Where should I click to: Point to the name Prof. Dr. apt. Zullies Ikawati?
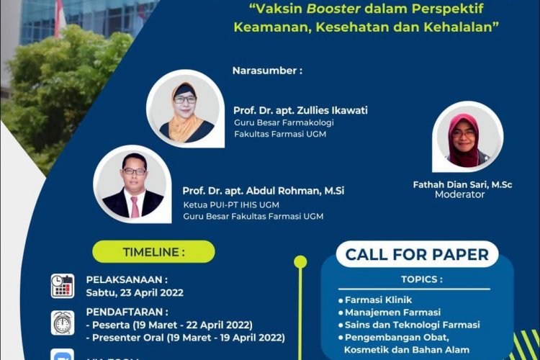click(300, 110)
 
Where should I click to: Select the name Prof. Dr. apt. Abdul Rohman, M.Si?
click(264, 191)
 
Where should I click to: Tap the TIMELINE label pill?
click(153, 252)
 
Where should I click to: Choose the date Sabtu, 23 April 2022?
click(135, 292)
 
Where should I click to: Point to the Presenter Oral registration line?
click(185, 337)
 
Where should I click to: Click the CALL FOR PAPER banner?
click(417, 254)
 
